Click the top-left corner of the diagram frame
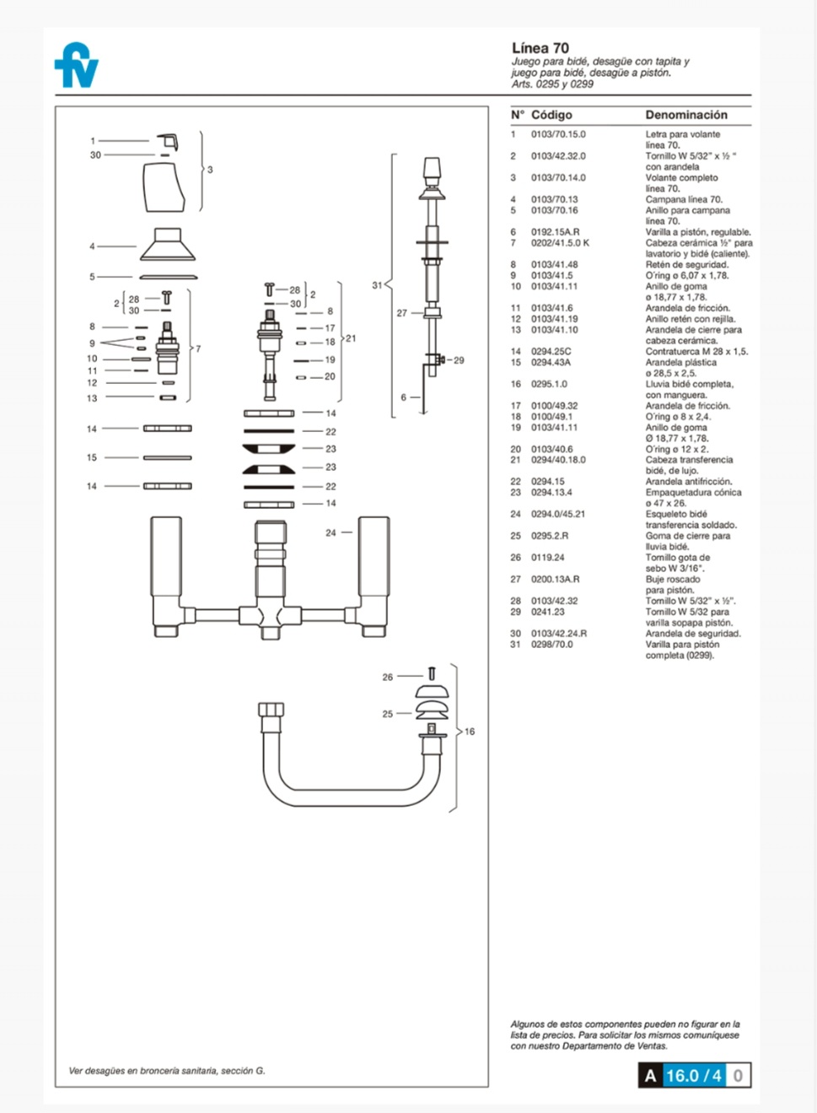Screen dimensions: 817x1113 (56, 106)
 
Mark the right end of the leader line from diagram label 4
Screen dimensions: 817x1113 (136, 246)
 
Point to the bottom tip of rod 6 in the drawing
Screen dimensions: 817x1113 (423, 413)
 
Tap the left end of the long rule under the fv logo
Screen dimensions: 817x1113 (56, 95)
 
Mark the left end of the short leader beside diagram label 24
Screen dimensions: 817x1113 (342, 532)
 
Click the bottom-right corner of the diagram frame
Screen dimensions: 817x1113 (488, 1087)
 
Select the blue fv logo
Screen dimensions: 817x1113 (77, 65)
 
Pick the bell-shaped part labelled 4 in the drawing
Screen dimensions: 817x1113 (168, 244)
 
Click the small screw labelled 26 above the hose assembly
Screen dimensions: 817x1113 (432, 673)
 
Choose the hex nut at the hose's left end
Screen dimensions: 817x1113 (271, 709)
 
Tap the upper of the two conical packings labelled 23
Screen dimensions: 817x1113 (268, 449)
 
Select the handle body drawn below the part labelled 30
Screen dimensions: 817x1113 (164, 187)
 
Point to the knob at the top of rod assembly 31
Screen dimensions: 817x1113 (432, 172)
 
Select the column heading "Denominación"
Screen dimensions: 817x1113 (686, 115)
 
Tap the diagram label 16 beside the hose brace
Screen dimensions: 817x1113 (470, 732)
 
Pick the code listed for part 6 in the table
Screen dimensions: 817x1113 (556, 232)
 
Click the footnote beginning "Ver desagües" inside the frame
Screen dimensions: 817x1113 (167, 1071)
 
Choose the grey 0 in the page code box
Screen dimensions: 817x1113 (738, 1076)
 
